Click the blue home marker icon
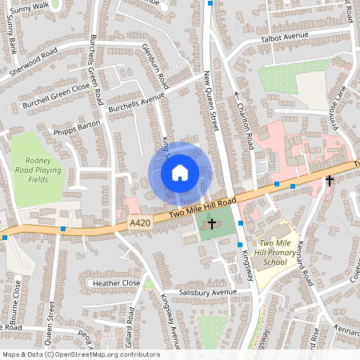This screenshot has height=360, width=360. [180, 172]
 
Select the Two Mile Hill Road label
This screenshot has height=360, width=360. [197, 210]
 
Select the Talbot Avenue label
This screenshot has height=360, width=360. [284, 38]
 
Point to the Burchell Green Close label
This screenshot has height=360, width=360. [56, 95]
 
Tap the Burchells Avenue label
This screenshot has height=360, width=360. [135, 102]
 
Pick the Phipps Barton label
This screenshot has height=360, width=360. [75, 129]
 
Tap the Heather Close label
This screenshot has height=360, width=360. [116, 282]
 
